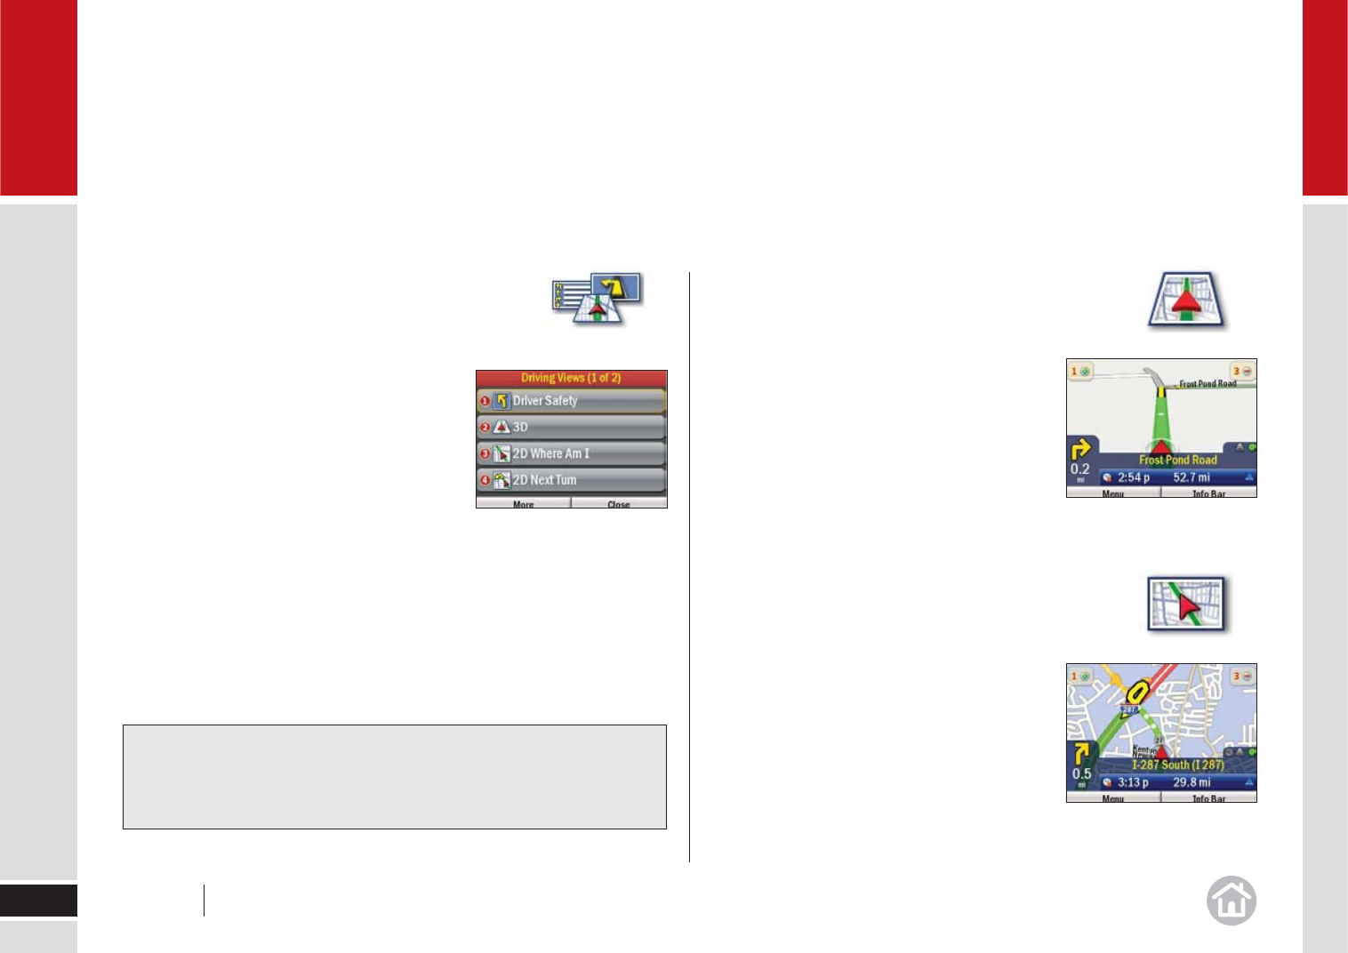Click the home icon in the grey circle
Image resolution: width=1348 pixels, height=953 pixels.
tap(1232, 901)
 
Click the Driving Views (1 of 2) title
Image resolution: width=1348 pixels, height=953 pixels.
tap(571, 378)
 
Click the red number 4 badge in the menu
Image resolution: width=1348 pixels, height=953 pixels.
tap(485, 480)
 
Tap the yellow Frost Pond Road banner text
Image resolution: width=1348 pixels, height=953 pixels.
tap(1177, 460)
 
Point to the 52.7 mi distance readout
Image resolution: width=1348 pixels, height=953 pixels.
tap(1191, 477)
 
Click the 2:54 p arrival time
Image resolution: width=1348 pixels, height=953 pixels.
tap(1133, 477)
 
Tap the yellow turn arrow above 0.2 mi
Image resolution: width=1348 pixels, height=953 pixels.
tap(1081, 448)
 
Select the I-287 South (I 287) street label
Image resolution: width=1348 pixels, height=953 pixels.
tap(1177, 765)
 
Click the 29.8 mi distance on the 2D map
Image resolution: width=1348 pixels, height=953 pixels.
tap(1191, 782)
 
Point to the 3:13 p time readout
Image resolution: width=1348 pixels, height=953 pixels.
tap(1133, 782)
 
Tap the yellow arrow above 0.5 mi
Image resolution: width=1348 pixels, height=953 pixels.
tap(1081, 754)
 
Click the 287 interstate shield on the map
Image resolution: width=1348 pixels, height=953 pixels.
tap(1129, 709)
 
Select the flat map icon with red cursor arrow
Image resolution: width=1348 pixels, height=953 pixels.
tap(1187, 605)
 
